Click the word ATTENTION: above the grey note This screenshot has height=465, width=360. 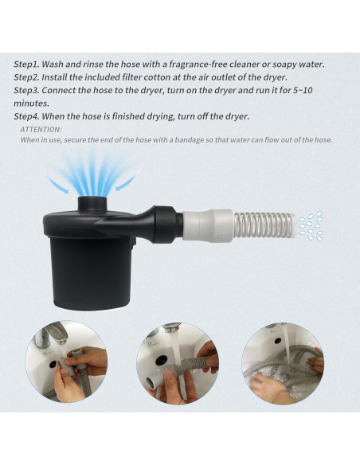pos(41,129)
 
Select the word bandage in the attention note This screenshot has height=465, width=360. pos(211,140)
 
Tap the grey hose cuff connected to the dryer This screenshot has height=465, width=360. pos(206,225)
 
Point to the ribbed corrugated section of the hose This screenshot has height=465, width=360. pos(264,225)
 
